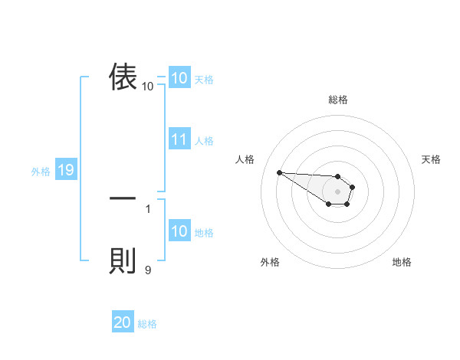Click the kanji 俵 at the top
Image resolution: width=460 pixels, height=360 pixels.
point(123,77)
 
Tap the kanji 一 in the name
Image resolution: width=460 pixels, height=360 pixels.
point(123,198)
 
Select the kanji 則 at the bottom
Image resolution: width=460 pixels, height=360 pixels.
point(123,260)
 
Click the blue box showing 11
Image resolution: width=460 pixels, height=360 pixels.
point(179,139)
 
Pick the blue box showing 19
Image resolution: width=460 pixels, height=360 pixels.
point(66,170)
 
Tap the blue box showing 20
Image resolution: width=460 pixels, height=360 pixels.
point(123,322)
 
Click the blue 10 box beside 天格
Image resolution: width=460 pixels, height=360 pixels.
point(179,78)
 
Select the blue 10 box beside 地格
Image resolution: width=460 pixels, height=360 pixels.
point(179,231)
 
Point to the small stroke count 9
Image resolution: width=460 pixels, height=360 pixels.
point(148,269)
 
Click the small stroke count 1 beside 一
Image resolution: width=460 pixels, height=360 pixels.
point(148,208)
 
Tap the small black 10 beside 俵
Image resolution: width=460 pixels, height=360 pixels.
point(148,86)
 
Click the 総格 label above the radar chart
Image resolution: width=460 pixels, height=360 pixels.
point(338,100)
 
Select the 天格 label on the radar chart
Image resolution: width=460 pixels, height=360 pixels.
point(432,159)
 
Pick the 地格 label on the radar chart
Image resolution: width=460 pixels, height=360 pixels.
point(402,262)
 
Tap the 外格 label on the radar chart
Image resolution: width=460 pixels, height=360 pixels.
point(270,262)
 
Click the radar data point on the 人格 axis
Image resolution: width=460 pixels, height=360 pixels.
point(279,172)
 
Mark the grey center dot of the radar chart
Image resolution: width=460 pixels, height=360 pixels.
point(337,191)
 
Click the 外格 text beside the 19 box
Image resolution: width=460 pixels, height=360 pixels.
point(41,172)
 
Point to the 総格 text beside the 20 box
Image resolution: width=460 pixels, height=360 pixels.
point(147,324)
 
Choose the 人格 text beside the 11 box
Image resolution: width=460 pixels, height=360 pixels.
point(204,141)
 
